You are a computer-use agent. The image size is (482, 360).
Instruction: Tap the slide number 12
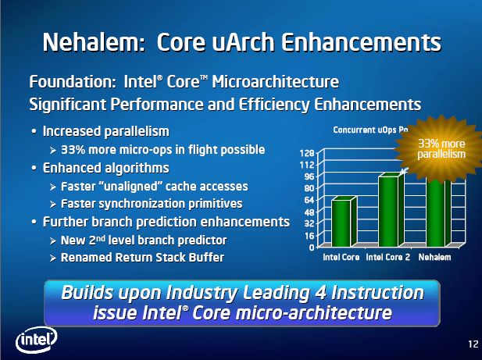pyautogui.click(x=473, y=344)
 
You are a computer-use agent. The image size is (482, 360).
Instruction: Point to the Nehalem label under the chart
pyautogui.click(x=434, y=257)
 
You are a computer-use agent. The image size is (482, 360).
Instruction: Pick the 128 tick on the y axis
pyautogui.click(x=306, y=153)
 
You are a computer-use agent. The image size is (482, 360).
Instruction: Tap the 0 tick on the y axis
pyautogui.click(x=311, y=248)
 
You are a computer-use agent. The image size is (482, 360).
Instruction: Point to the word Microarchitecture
pyautogui.click(x=276, y=82)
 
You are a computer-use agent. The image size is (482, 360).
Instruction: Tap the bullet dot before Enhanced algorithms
pyautogui.click(x=34, y=169)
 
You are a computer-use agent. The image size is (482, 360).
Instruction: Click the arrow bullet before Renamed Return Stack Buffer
pyautogui.click(x=53, y=258)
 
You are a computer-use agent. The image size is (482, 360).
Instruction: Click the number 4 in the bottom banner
pyautogui.click(x=320, y=292)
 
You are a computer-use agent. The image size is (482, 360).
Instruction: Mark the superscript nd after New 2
pyautogui.click(x=101, y=237)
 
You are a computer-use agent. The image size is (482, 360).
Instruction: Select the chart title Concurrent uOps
pyautogui.click(x=365, y=130)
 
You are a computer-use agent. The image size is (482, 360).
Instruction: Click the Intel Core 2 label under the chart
pyautogui.click(x=388, y=257)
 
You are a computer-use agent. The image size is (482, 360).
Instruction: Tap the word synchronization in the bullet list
pyautogui.click(x=142, y=204)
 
